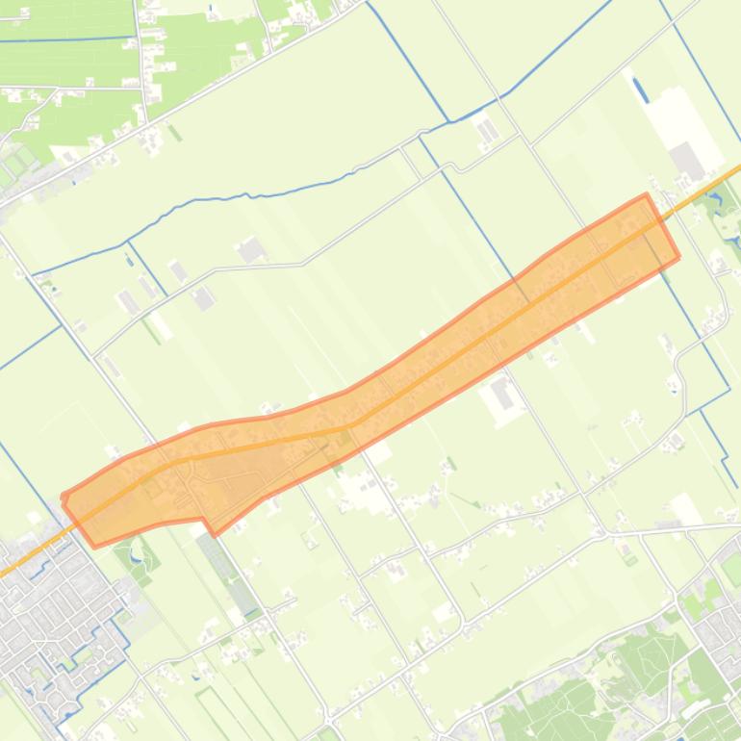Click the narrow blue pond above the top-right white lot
pos(640,89)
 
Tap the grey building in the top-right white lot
pos(689,160)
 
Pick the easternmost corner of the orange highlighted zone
pos(679,257)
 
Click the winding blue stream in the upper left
pos(241,196)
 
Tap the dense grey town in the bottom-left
pos(48,616)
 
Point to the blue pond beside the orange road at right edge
pos(714,202)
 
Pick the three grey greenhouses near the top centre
pos(487,130)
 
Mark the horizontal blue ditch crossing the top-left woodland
pos(67,39)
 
